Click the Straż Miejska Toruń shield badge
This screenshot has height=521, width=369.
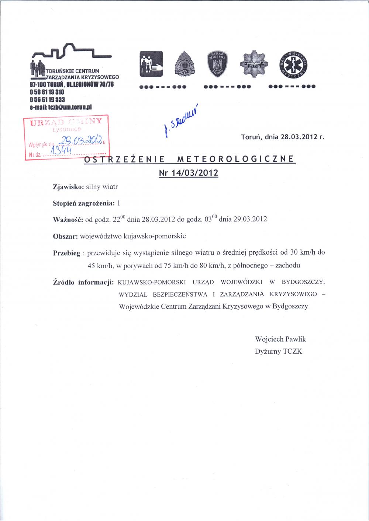(218, 64)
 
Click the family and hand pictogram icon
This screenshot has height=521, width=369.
(151, 64)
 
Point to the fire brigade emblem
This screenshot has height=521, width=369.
(184, 64)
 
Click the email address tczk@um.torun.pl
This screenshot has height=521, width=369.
(60, 107)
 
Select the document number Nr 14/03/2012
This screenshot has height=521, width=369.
(188, 173)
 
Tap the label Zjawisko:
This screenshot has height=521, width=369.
(69, 187)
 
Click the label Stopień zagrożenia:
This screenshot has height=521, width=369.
(84, 203)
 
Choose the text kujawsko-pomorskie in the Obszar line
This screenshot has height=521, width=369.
(158, 236)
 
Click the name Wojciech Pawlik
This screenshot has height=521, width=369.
(280, 339)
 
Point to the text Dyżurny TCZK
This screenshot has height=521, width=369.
(278, 352)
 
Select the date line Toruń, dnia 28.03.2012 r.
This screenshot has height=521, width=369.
(283, 137)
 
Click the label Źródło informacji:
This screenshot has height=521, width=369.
(83, 283)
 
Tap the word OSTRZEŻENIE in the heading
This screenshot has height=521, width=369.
(124, 160)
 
